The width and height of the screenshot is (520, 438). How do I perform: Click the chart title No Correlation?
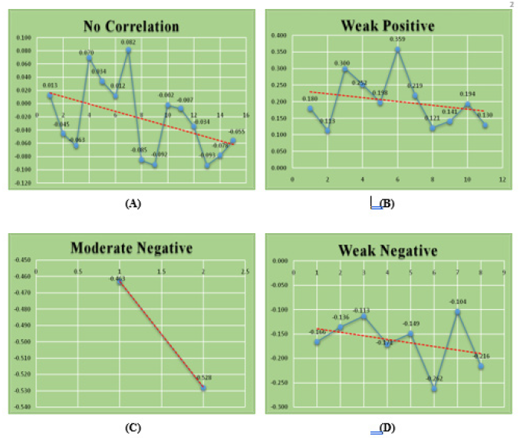[131, 26]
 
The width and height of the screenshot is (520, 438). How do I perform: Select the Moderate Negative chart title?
[131, 249]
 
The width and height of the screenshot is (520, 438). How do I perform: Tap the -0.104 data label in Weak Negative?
[457, 302]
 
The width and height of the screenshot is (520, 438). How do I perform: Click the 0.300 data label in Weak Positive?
[341, 63]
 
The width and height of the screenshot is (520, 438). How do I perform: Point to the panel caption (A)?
[131, 203]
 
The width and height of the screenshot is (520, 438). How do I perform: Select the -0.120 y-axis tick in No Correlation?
[23, 183]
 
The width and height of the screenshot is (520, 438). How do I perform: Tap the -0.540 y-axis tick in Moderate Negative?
[23, 406]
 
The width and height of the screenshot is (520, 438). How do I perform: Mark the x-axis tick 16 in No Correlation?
[246, 115]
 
